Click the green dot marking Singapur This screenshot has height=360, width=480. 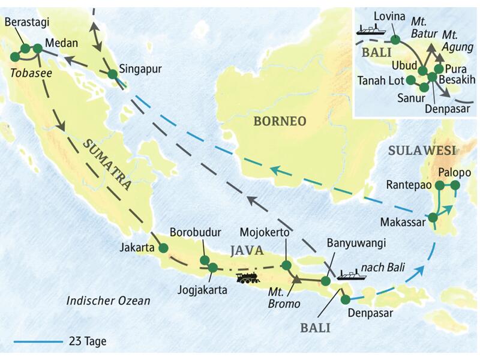(112, 74)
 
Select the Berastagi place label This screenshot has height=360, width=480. (26, 22)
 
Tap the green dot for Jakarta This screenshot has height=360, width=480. (163, 247)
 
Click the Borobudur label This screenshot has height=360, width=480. (194, 232)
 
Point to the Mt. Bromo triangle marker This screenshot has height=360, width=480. (296, 277)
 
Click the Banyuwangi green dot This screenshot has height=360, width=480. (326, 280)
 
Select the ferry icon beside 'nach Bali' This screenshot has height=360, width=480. (352, 275)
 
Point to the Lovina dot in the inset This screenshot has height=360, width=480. (395, 40)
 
